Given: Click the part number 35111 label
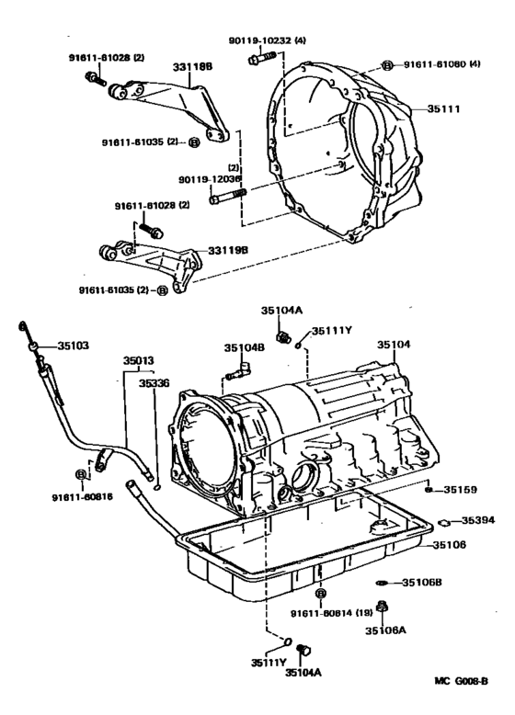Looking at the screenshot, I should point(444,108).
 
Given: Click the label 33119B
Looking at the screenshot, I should point(227,250).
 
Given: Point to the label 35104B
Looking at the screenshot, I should point(244,348).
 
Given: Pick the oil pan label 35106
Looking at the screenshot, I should point(451,545).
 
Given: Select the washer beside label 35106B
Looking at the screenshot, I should point(382,583).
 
